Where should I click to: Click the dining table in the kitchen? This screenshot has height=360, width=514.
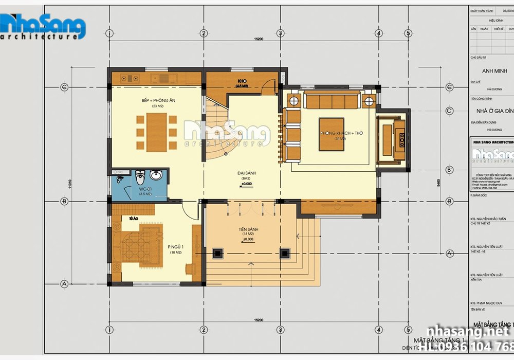[157, 132]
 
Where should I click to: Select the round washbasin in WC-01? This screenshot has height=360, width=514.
[157, 176]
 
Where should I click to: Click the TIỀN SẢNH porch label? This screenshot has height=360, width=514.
[248, 229]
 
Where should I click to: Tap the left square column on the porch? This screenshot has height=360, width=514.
[217, 253]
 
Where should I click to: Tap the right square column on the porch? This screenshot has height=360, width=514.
[284, 253]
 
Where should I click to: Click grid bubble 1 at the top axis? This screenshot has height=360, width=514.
[109, 33]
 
